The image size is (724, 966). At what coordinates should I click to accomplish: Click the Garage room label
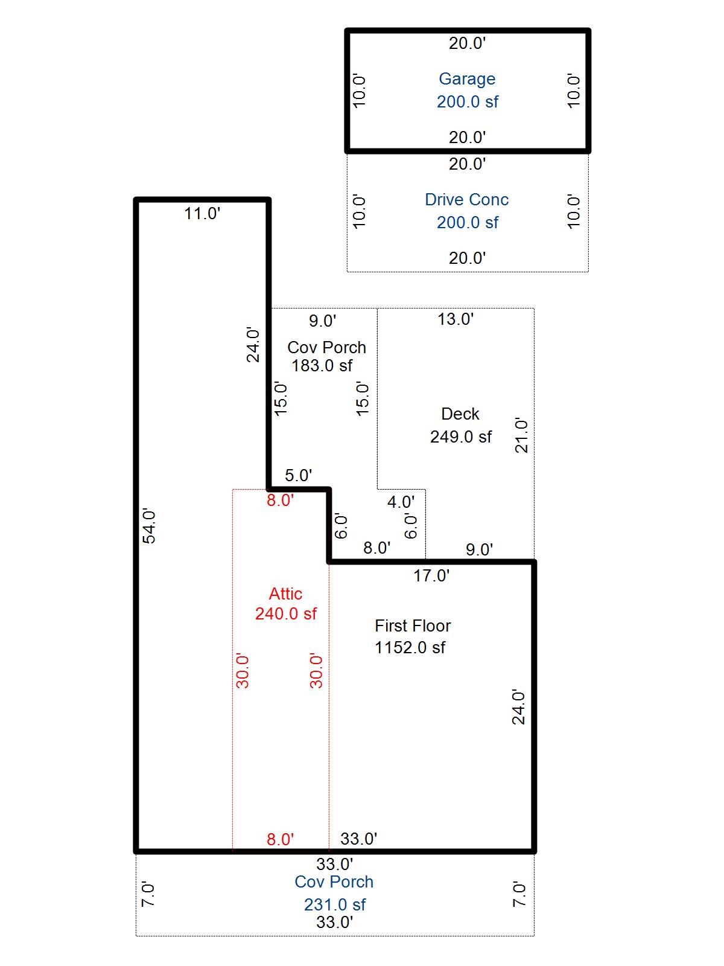(467, 79)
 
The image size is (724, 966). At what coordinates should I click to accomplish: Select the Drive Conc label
(466, 200)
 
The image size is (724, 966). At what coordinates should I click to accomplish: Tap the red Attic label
(286, 593)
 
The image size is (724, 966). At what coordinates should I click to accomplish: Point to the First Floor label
(413, 626)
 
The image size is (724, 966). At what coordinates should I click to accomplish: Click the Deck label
(460, 414)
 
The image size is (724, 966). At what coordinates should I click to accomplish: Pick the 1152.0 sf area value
(410, 647)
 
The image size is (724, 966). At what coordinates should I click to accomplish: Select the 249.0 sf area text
(461, 437)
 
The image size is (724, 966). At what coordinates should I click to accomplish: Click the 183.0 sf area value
(322, 365)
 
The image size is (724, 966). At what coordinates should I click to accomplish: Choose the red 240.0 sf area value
(286, 613)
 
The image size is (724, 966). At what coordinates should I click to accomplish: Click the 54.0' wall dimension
(150, 527)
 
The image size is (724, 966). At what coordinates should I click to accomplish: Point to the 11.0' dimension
(202, 214)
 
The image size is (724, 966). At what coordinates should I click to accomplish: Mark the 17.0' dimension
(431, 575)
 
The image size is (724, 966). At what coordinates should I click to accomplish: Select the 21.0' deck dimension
(521, 436)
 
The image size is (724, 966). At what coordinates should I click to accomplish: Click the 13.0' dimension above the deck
(456, 319)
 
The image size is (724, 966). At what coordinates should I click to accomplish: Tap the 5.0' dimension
(299, 475)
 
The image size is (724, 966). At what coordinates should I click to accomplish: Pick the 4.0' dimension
(401, 502)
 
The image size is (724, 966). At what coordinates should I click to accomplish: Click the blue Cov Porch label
(334, 882)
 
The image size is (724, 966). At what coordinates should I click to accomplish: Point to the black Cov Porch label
(326, 347)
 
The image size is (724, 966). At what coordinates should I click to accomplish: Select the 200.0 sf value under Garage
(467, 101)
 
